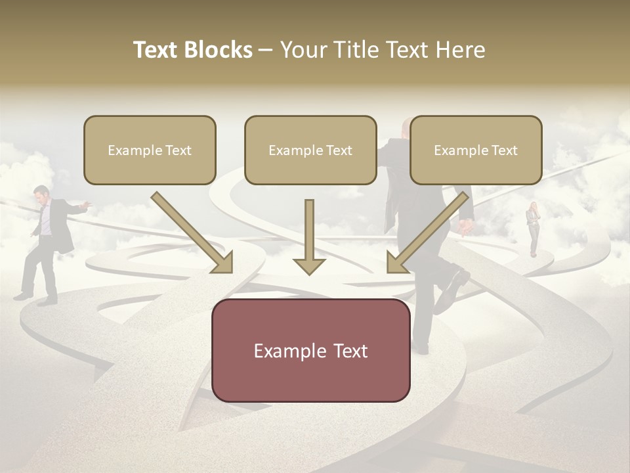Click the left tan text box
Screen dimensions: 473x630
[x=150, y=150]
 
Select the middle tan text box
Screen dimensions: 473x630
[x=310, y=150]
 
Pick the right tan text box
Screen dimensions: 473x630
[x=476, y=150]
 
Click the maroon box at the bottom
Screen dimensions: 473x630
[x=310, y=350]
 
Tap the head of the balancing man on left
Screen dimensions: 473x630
[x=42, y=194]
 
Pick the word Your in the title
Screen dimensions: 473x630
[x=303, y=50]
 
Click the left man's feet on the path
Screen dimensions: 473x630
[x=36, y=298]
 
